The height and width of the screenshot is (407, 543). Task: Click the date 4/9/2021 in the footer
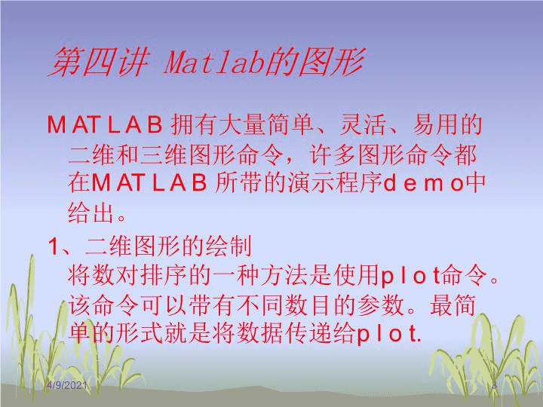[x=66, y=385]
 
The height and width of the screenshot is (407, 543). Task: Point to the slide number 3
[x=495, y=385]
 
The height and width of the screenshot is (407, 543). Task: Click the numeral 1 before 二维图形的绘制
[x=54, y=247]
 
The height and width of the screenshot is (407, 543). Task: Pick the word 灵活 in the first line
[x=364, y=124]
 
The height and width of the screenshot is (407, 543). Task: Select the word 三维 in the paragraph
[x=164, y=155]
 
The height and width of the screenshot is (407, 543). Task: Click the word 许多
[x=332, y=155]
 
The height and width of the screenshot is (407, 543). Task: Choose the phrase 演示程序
[x=335, y=183]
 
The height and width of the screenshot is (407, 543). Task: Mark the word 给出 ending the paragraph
[x=91, y=213]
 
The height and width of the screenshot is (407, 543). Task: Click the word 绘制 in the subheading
[x=229, y=246]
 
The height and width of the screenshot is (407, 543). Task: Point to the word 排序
[x=164, y=276]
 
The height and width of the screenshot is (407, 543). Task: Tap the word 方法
[x=284, y=276]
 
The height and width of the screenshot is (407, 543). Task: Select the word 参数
[x=381, y=305]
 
